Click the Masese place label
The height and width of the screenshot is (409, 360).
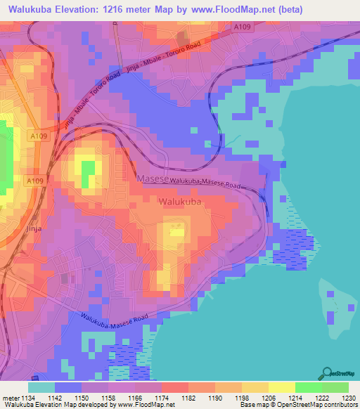[153, 179]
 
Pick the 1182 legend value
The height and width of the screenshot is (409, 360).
[189, 397]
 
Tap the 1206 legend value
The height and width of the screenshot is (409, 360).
[269, 397]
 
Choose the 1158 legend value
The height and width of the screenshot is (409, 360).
[109, 397]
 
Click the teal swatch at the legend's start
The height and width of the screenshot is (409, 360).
[41, 387]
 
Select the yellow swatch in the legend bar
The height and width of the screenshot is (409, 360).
[281, 387]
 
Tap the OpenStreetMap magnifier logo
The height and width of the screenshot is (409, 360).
[326, 374]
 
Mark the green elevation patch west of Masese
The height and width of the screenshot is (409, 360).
[88, 173]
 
